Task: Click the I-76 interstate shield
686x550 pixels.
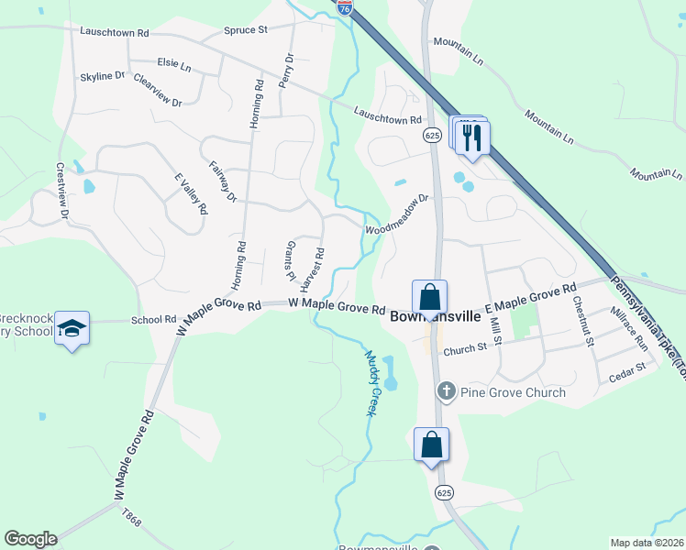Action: point(345,7)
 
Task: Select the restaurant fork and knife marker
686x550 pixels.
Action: point(473,137)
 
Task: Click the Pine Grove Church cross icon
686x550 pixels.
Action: point(447,391)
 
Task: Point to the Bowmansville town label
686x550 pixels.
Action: point(436,316)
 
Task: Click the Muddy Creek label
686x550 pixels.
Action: point(371,384)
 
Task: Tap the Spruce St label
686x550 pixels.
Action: point(245,30)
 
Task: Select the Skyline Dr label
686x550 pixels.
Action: point(103,76)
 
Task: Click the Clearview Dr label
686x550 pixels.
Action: point(158,90)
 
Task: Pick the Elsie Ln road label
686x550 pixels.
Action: point(173,65)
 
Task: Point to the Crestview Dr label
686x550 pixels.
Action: point(63,192)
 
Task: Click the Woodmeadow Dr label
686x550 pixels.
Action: point(397,214)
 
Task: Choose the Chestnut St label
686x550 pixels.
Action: point(582,320)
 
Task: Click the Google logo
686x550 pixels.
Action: point(30,539)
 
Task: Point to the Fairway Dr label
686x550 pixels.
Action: point(223,181)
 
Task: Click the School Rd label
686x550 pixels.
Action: point(153,320)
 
